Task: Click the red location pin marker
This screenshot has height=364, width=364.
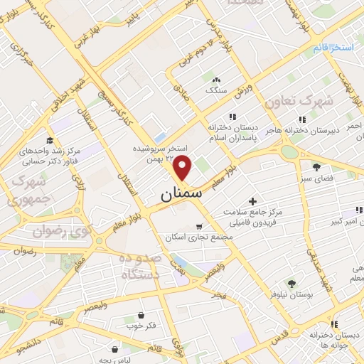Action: (183, 168)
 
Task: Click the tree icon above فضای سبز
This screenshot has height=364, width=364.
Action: (316, 167)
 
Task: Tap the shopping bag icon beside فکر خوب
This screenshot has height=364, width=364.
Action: (141, 315)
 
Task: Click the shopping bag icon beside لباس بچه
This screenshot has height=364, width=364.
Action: (114, 349)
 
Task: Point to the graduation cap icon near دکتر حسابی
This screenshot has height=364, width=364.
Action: (49, 141)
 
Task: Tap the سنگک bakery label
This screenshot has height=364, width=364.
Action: (215, 91)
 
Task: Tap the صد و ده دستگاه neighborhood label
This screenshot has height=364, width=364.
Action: (130, 267)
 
